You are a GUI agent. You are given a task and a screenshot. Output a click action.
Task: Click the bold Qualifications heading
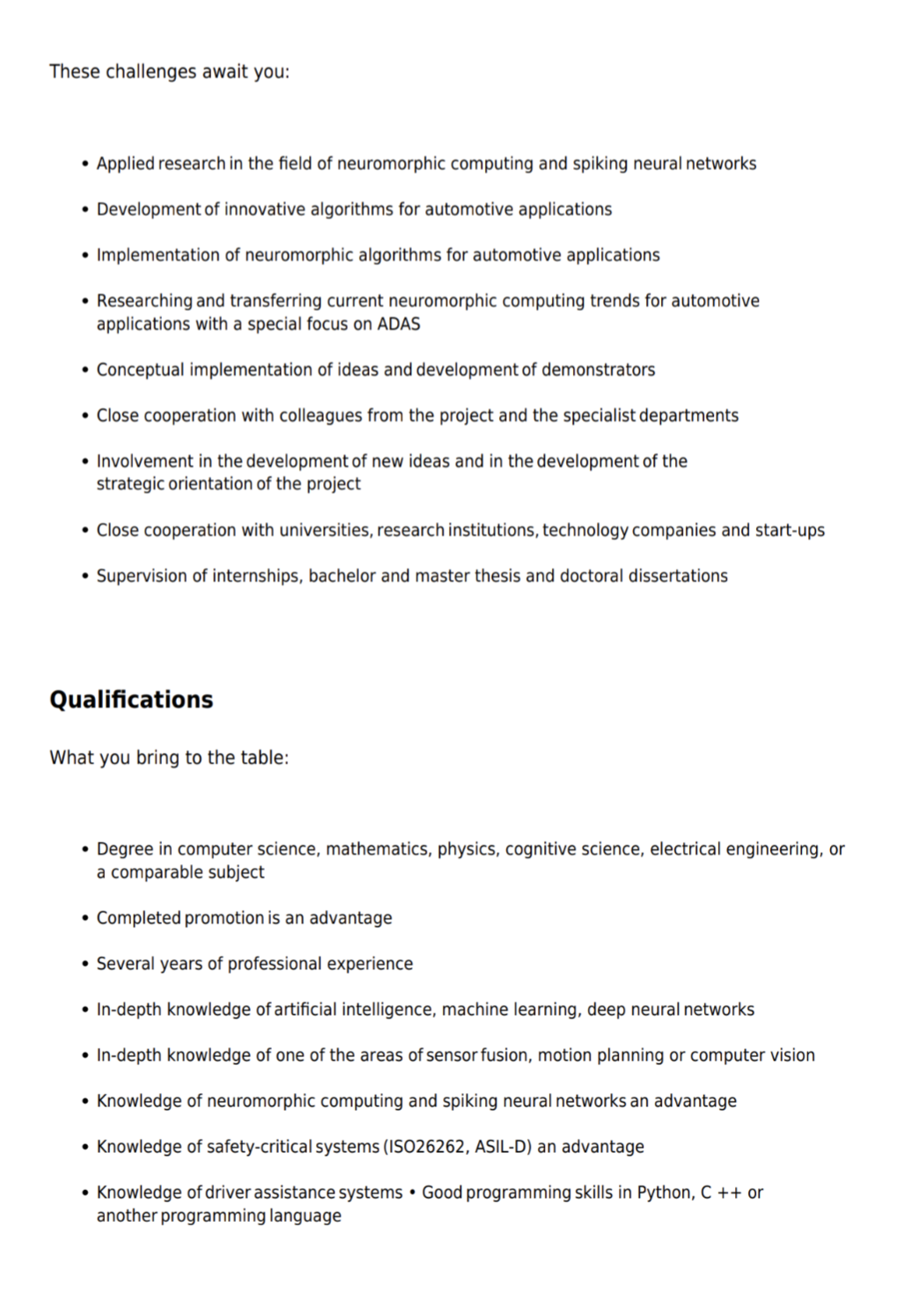131,700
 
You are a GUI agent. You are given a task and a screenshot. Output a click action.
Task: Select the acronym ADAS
399,324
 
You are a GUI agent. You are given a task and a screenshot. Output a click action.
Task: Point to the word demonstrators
598,370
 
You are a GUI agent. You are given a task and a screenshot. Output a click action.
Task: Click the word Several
122,964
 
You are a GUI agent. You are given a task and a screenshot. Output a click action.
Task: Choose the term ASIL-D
503,1147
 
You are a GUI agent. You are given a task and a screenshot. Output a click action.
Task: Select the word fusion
504,1055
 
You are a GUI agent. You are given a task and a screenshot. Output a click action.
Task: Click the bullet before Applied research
85,165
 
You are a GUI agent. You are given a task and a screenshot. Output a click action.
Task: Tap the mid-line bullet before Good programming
412,1193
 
